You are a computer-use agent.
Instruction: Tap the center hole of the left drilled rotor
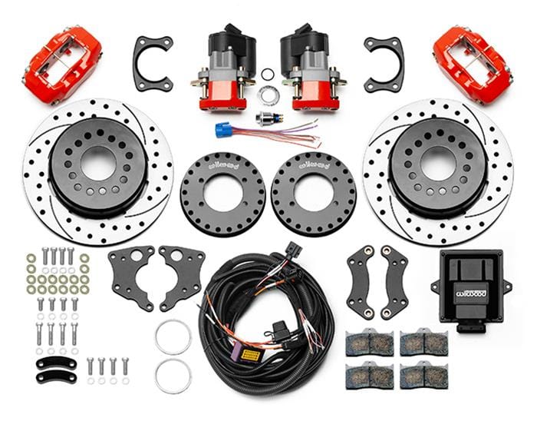click(x=97, y=164)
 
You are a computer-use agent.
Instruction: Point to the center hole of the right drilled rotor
click(x=438, y=163)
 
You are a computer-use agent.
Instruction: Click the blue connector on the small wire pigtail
click(x=225, y=128)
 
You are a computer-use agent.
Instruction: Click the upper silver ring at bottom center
click(x=173, y=336)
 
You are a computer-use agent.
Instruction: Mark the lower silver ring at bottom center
click(x=173, y=376)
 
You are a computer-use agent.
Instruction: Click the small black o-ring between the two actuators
click(x=268, y=75)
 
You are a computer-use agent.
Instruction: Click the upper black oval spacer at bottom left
click(x=57, y=362)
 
